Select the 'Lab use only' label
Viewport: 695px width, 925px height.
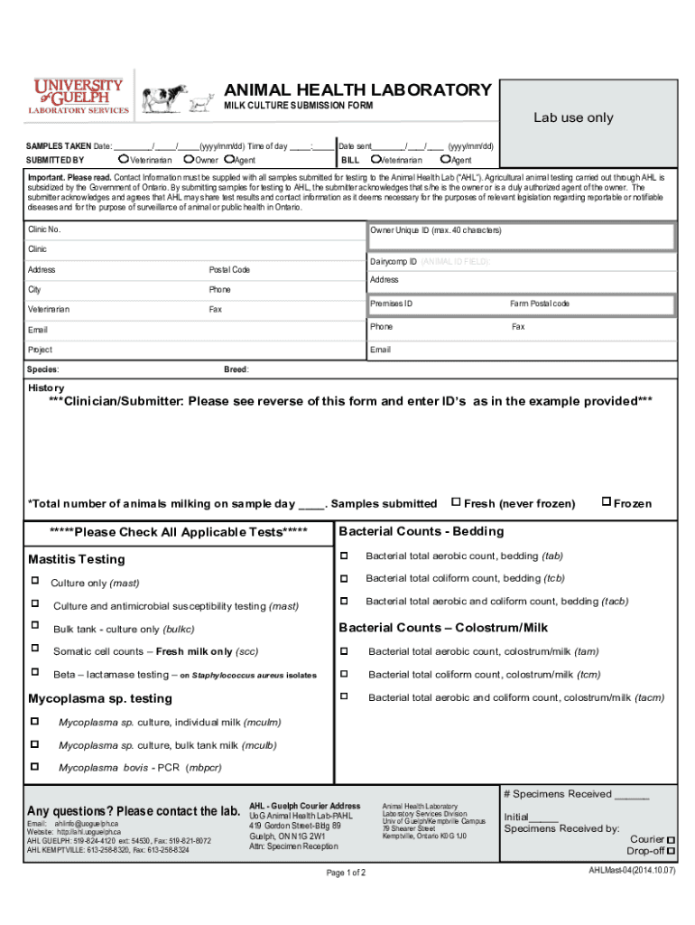[572, 118]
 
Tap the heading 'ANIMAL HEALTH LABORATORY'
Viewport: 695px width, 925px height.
[357, 90]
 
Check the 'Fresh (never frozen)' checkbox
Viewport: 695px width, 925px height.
[456, 502]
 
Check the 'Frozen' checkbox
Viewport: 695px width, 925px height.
[607, 502]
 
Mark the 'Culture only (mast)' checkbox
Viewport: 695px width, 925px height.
[35, 582]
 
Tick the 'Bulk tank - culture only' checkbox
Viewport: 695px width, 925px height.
[35, 626]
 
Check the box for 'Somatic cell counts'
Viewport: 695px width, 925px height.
[35, 649]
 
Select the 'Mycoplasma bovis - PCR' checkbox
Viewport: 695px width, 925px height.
[35, 766]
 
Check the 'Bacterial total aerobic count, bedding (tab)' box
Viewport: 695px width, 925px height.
[344, 555]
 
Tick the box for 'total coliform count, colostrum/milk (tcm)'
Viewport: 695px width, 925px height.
[344, 673]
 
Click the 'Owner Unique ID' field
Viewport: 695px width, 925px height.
[521, 237]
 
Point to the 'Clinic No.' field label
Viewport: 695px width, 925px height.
[44, 230]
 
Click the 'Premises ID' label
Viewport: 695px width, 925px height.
[391, 304]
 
